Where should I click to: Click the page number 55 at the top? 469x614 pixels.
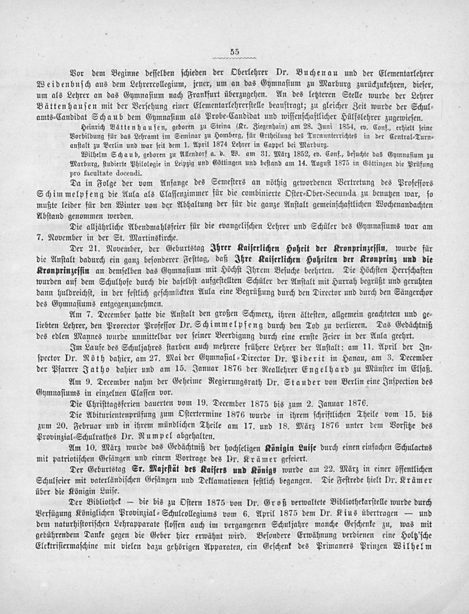234,52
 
